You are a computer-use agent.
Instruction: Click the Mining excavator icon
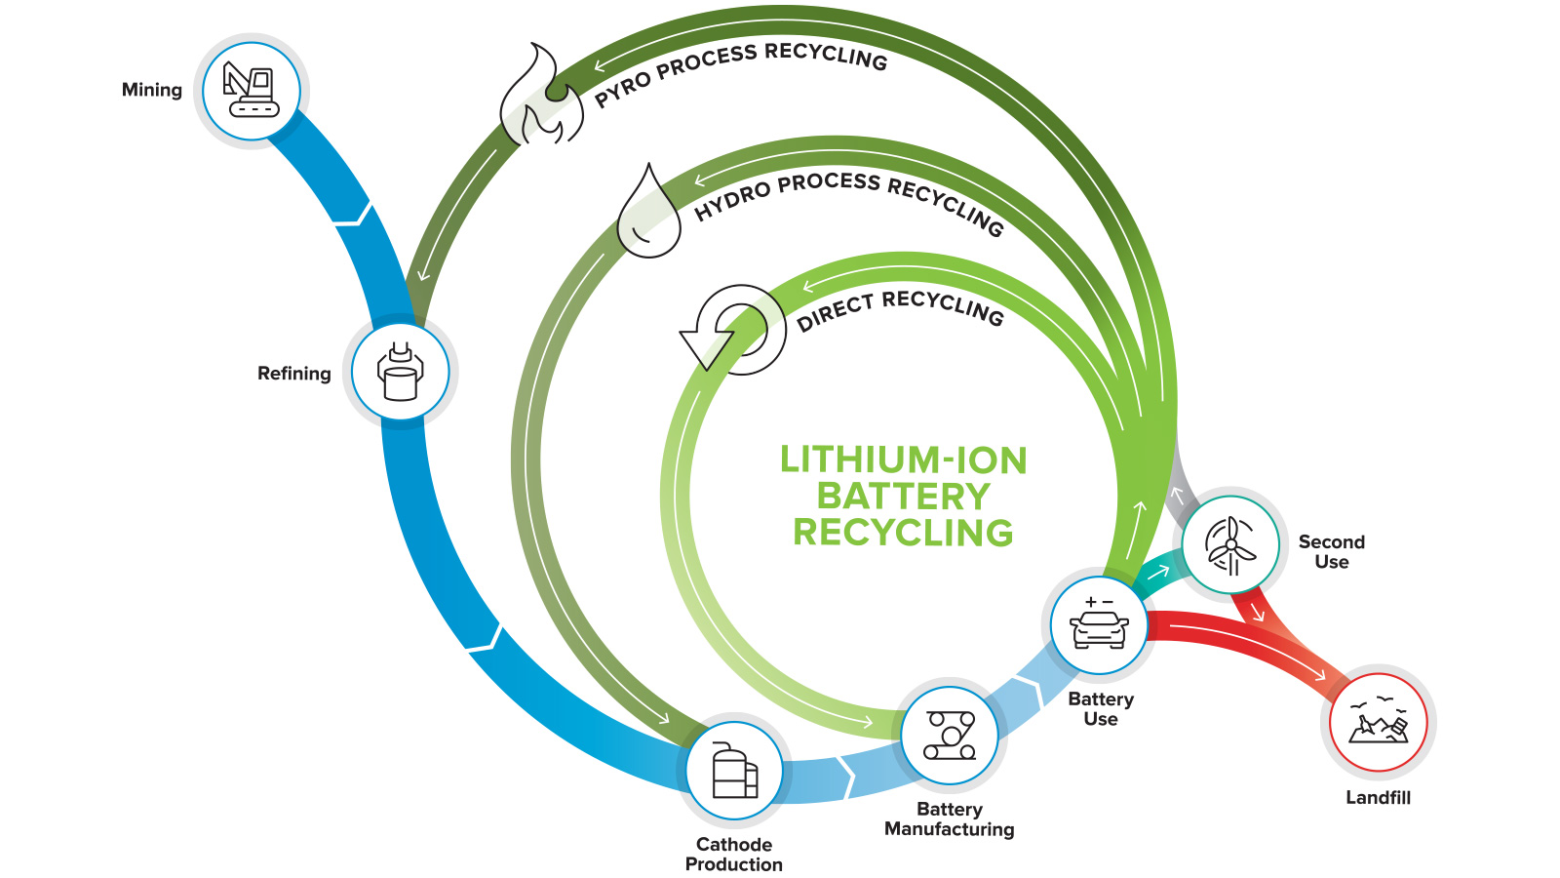pyautogui.click(x=252, y=91)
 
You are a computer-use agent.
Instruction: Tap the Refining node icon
pyautogui.click(x=401, y=373)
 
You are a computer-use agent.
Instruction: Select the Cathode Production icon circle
pyautogui.click(x=734, y=771)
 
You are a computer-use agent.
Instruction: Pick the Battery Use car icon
pyautogui.click(x=1099, y=625)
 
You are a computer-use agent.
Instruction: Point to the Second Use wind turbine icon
pyautogui.click(x=1230, y=544)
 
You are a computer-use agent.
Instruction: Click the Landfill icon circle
pyautogui.click(x=1378, y=723)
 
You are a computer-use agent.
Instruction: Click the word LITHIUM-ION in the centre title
pyautogui.click(x=903, y=460)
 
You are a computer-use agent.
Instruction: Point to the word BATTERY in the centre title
pyautogui.click(x=903, y=497)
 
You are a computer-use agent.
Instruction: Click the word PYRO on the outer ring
pyautogui.click(x=622, y=89)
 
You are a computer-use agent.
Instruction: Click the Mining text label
pyautogui.click(x=152, y=90)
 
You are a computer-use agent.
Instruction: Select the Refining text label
pyautogui.click(x=293, y=374)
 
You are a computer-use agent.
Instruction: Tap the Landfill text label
pyautogui.click(x=1378, y=797)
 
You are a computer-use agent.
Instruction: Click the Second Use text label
pyautogui.click(x=1331, y=551)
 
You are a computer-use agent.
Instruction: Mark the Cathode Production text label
pyautogui.click(x=734, y=854)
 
